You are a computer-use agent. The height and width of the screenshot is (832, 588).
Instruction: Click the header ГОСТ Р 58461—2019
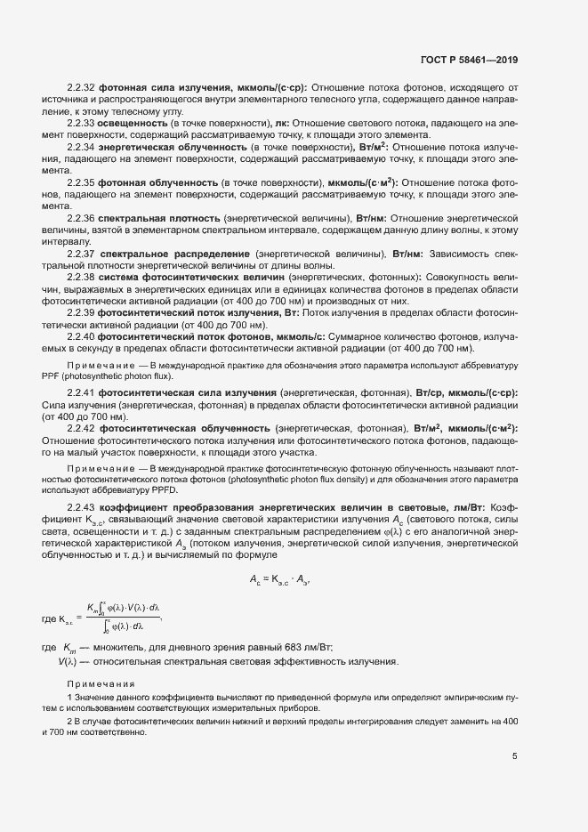pos(469,60)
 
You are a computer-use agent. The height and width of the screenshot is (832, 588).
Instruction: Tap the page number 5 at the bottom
pos(515,757)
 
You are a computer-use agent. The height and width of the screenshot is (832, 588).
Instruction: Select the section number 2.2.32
pos(80,87)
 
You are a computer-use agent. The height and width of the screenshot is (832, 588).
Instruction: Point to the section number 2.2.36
pos(80,218)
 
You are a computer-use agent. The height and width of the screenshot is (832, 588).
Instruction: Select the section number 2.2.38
pos(80,278)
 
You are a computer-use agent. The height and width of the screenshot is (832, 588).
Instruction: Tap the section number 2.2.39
pos(80,313)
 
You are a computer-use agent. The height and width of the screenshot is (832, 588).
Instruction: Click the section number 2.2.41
pos(80,392)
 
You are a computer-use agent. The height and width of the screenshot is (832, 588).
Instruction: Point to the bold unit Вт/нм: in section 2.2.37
pos(410,254)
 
